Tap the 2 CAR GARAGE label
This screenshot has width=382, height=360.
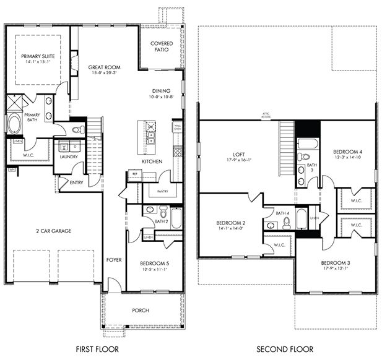(x=54, y=231)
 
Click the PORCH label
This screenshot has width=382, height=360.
(x=141, y=310)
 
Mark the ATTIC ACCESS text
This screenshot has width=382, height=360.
(x=266, y=116)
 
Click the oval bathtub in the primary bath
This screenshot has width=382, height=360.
(x=14, y=124)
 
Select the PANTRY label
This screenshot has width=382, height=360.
(x=163, y=192)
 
